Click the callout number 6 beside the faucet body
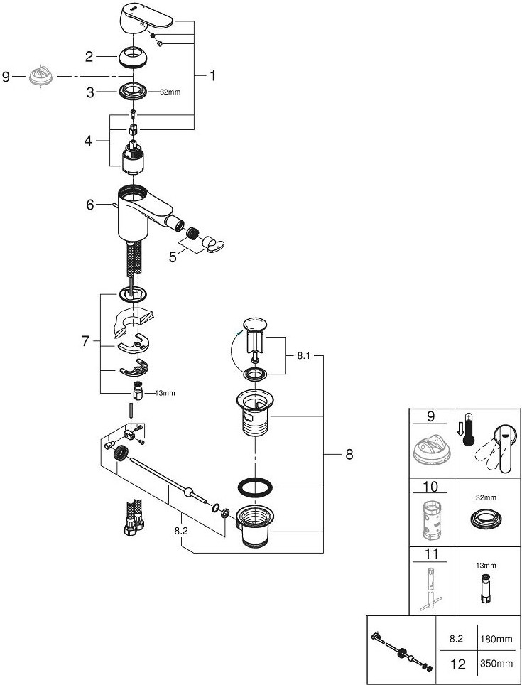(90, 205)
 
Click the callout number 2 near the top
(89, 55)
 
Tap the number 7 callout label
(86, 342)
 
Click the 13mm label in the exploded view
(163, 393)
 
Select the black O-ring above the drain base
(254, 488)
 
